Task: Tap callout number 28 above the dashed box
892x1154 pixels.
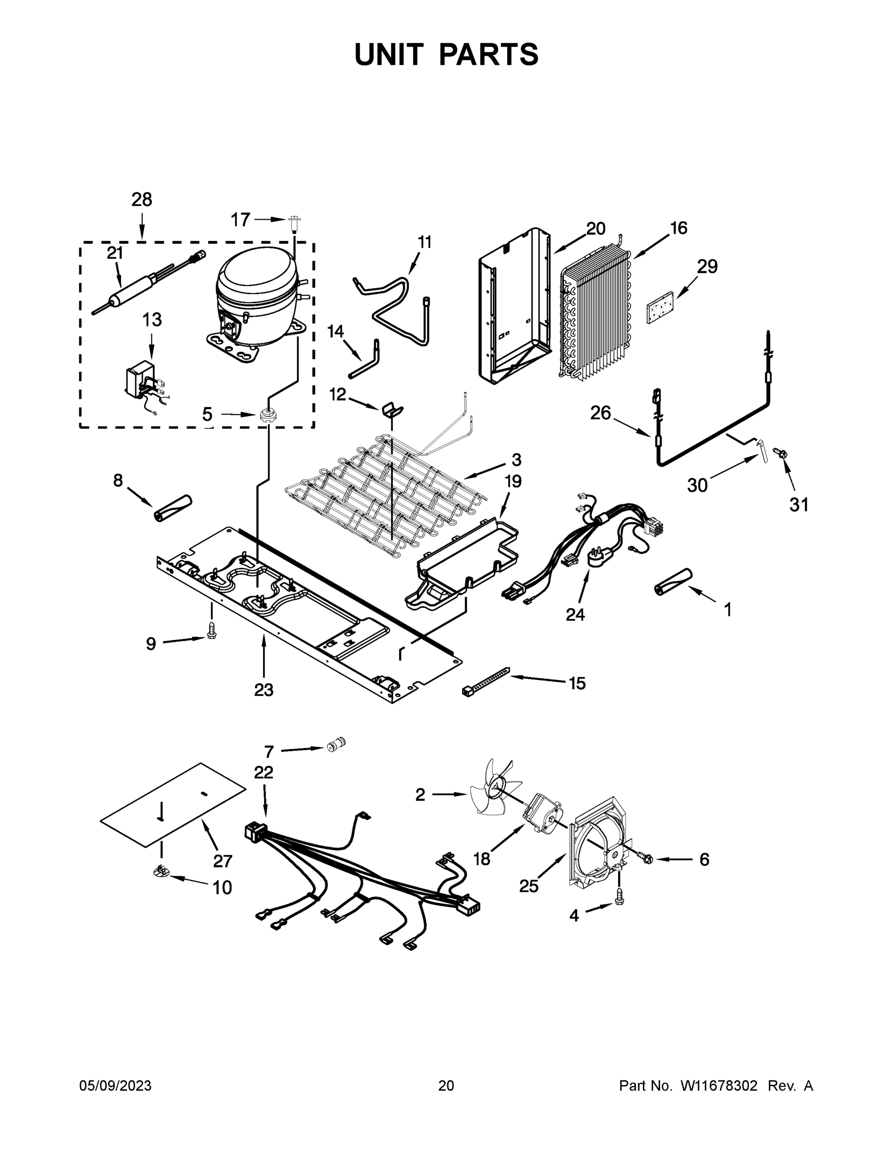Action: coord(142,200)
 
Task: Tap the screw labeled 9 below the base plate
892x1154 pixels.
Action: coord(213,632)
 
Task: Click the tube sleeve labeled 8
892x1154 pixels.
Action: coord(173,508)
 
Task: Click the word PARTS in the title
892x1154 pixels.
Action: coord(488,54)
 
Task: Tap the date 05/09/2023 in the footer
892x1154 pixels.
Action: coord(115,1086)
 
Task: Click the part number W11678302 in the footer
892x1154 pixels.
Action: coord(719,1086)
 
